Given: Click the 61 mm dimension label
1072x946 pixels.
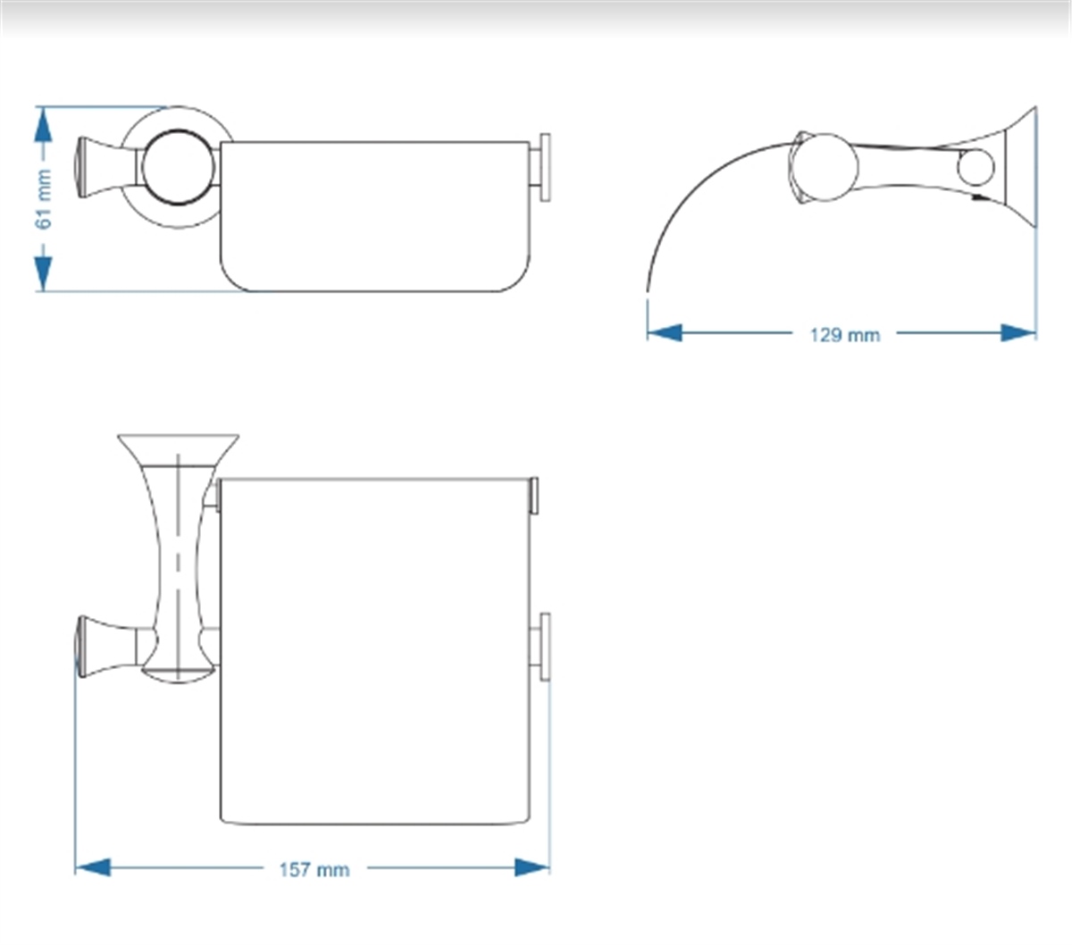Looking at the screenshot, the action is [45, 199].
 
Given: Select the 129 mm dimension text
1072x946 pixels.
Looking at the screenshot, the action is [845, 335].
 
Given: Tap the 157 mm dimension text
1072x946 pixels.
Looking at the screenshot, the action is [314, 870].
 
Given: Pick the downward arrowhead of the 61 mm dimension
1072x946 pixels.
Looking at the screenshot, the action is [43, 273].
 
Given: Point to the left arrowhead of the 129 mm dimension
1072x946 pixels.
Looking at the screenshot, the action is [665, 333].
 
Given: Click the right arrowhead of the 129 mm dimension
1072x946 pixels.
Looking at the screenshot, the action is [1018, 333].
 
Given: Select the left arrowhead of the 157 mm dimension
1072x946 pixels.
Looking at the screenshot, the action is [93, 867].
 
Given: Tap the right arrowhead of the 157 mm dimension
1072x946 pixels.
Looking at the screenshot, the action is [532, 867].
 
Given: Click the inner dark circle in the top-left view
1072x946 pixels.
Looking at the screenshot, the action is [178, 167].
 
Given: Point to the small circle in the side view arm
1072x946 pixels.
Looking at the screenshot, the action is [976, 167].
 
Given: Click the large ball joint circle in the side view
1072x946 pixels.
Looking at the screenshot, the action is [825, 167].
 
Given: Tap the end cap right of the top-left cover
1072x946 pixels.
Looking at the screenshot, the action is [544, 167].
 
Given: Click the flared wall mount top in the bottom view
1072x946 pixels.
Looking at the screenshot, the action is [178, 449].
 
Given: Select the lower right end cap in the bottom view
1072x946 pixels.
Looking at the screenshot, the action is [544, 647].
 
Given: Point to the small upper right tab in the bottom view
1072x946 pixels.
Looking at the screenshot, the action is [534, 496].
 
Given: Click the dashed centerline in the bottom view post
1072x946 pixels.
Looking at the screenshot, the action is [178, 565].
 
